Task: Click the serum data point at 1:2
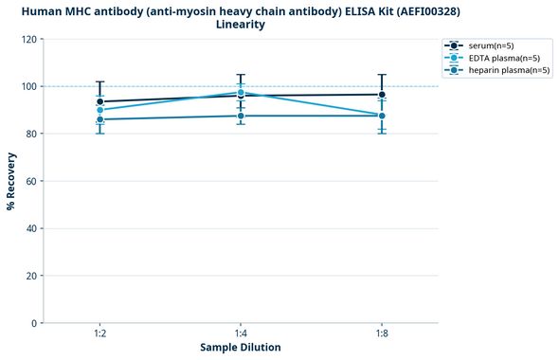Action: click(x=99, y=101)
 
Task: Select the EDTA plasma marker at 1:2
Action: click(x=99, y=110)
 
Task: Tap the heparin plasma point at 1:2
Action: click(x=99, y=119)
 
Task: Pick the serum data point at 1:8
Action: click(x=382, y=95)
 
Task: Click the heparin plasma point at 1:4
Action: click(x=241, y=116)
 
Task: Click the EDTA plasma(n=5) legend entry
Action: click(x=502, y=58)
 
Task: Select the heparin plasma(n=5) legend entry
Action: click(x=506, y=70)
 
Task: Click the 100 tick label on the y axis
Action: click(x=29, y=87)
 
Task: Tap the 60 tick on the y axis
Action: click(x=32, y=181)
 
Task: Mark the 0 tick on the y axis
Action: click(x=35, y=323)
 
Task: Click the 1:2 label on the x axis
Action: click(x=99, y=333)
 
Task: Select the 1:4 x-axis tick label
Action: click(x=241, y=333)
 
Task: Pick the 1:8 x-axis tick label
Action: click(x=382, y=333)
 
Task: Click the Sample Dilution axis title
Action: click(x=241, y=348)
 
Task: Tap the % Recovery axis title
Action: click(x=11, y=181)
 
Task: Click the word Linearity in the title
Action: click(x=241, y=25)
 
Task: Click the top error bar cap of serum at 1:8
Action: click(x=382, y=75)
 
